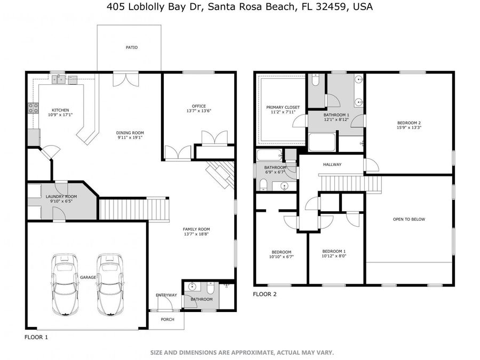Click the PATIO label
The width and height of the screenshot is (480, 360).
point(132,47)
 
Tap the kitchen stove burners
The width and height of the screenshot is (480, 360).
point(34,108)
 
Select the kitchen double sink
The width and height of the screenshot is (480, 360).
point(59,79)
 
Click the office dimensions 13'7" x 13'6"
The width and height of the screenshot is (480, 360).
point(199,111)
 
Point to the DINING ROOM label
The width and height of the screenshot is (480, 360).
point(130,133)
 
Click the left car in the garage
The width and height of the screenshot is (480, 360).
point(65,285)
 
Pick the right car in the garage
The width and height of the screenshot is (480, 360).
point(110,285)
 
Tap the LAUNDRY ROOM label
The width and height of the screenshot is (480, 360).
point(61,196)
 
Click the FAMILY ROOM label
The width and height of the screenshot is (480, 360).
point(196,229)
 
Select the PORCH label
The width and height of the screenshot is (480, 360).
point(167,319)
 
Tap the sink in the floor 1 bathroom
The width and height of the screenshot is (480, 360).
point(192,287)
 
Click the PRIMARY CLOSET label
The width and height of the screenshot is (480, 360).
point(283,107)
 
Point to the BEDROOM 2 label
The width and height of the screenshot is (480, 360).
point(409,123)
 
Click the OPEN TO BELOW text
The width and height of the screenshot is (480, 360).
point(409,219)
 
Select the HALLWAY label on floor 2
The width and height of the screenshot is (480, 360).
point(332,164)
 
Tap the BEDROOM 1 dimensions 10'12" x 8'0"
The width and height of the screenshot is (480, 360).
point(334,256)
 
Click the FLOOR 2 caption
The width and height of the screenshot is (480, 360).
point(265,294)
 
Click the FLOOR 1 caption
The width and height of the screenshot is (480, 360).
point(36,338)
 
